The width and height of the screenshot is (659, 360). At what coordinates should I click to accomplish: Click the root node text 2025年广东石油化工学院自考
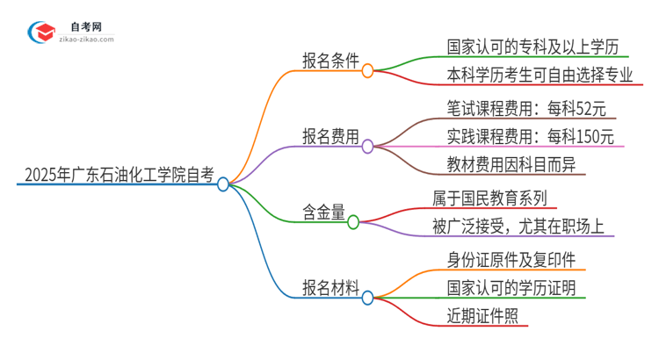115,173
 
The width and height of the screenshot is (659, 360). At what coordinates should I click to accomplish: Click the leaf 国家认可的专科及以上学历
517,44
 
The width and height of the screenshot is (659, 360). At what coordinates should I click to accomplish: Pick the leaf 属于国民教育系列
489,198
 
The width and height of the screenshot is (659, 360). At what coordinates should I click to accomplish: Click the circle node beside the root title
223,184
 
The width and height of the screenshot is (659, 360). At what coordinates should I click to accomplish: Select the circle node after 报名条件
368,70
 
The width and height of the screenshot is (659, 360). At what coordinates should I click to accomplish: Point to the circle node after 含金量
353,222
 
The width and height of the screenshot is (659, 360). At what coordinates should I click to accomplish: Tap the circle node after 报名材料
368,298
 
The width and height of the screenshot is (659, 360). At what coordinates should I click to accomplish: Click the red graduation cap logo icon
40,32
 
